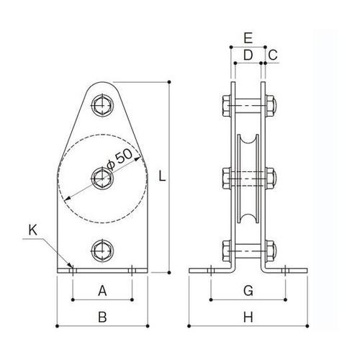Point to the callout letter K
pyautogui.click(x=32, y=231)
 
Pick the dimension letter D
pyautogui.click(x=248, y=55)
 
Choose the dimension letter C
pyautogui.click(x=272, y=55)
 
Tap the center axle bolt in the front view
pyautogui.click(x=102, y=176)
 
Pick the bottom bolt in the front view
pyautogui.click(x=102, y=251)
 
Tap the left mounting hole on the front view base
pyautogui.click(x=72, y=271)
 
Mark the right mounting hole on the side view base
pyautogui.click(x=286, y=271)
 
